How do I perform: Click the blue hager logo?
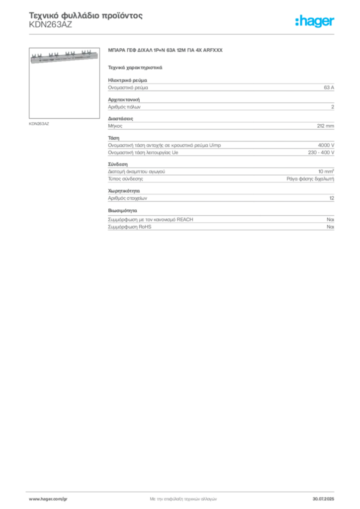tap(315, 22)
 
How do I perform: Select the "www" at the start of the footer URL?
tap(33, 499)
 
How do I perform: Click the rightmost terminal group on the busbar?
tap(86, 51)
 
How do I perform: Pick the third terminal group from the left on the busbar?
tap(70, 52)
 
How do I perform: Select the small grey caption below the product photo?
tap(39, 123)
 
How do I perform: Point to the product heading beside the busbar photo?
tap(167, 52)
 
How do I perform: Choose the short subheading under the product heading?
tap(135, 67)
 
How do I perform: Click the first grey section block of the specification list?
tap(221, 87)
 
